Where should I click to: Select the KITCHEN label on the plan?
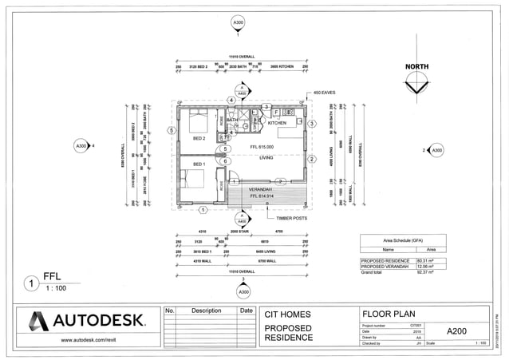(277, 123)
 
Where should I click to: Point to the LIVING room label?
(266, 158)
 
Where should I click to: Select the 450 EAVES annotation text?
(325, 93)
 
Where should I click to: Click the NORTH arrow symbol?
(417, 86)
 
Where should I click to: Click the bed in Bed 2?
(198, 122)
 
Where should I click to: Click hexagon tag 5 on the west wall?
(171, 130)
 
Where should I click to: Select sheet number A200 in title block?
(457, 330)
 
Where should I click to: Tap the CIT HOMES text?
(288, 314)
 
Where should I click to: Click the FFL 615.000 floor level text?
(262, 147)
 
